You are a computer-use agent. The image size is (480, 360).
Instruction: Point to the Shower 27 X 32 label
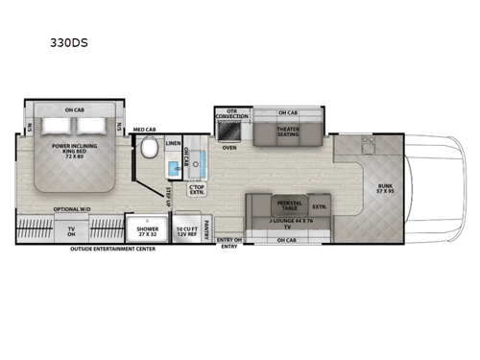coord(149,231)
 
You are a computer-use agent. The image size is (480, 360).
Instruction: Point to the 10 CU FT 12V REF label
coord(187,231)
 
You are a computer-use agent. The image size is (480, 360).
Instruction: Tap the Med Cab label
coord(144,129)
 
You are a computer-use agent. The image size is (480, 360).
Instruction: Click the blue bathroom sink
coord(173,169)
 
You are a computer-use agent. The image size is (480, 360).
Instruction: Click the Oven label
coord(229,149)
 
